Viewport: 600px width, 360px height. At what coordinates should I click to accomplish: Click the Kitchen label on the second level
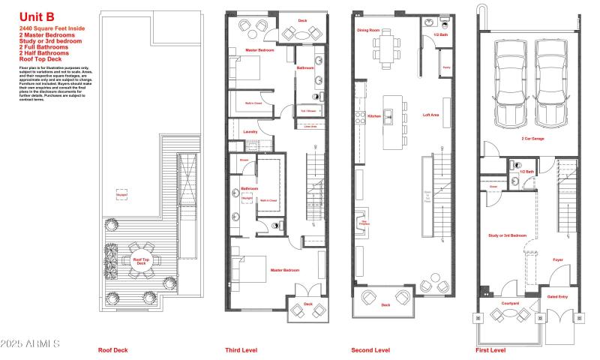(373, 117)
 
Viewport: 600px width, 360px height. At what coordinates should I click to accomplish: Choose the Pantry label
(445, 67)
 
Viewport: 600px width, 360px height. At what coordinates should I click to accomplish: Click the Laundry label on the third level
(240, 130)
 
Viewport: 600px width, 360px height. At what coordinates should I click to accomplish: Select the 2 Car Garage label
(533, 138)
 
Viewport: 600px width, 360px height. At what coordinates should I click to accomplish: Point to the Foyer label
(558, 260)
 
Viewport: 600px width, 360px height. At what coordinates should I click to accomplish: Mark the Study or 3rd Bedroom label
(508, 235)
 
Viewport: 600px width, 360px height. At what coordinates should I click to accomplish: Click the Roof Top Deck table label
(140, 261)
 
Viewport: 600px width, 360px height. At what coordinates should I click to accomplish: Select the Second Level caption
(370, 350)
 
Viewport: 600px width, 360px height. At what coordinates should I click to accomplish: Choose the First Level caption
(490, 350)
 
